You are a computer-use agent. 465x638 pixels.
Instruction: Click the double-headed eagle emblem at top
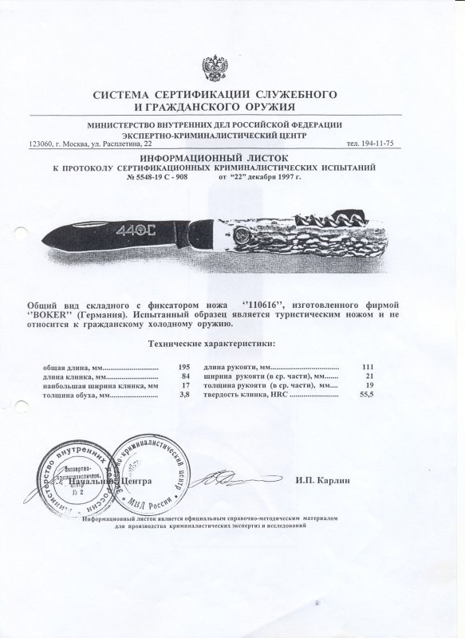[x=232, y=66]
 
